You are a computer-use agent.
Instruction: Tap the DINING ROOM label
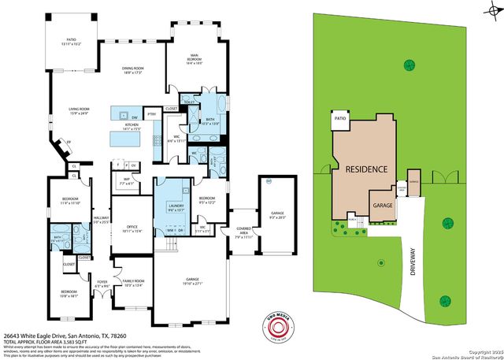coord(132,70)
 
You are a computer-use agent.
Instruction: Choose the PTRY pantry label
coord(152,114)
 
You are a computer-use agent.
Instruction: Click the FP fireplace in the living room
coord(68,143)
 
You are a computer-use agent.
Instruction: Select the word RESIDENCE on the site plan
coord(363,169)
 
